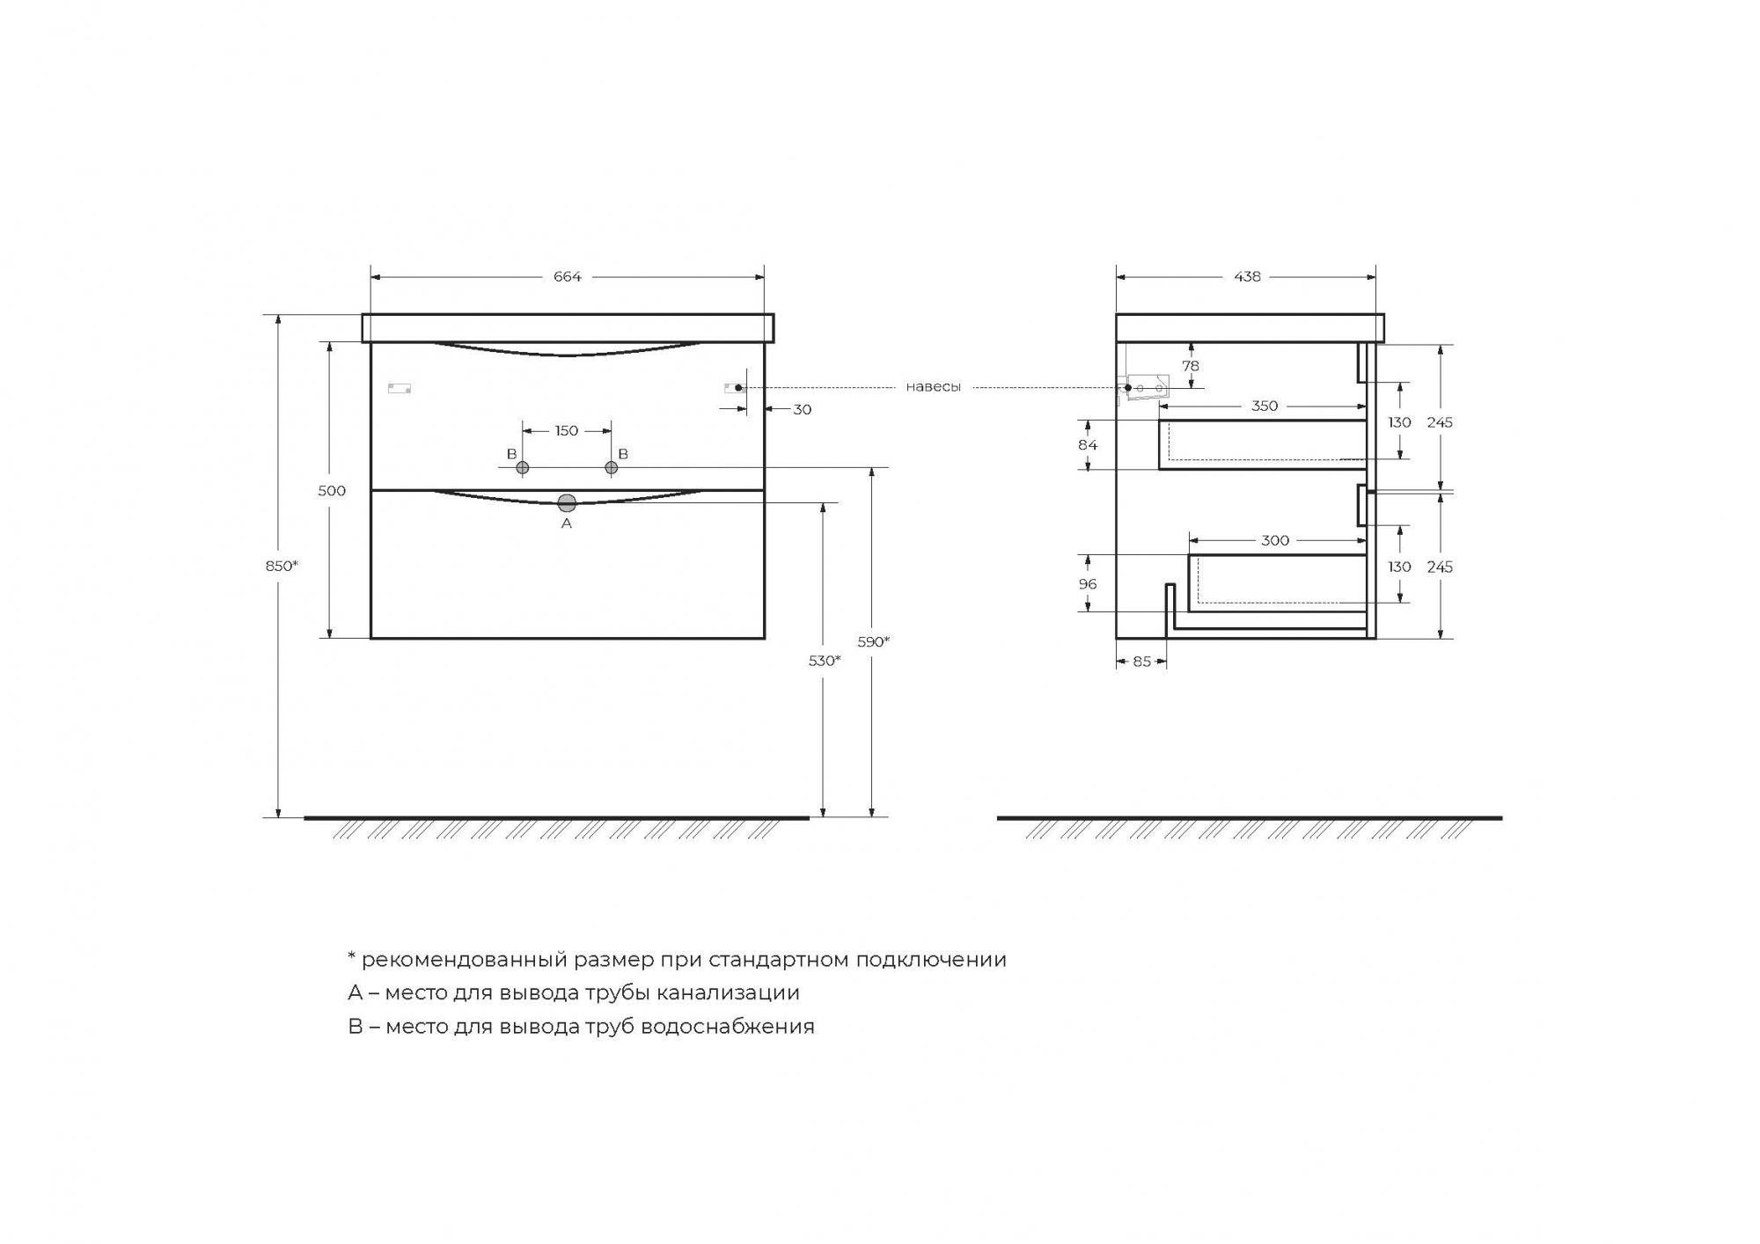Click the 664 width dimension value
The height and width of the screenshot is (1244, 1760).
tap(567, 277)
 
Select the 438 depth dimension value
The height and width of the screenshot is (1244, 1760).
tap(1247, 277)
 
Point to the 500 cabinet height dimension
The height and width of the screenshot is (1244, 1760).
tap(332, 491)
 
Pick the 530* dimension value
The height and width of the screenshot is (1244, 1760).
tap(825, 661)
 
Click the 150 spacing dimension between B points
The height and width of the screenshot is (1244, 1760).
tap(567, 431)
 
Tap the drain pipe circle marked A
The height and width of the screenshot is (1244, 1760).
tap(567, 503)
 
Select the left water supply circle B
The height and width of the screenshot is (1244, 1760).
tap(523, 468)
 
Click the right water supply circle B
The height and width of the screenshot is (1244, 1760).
tap(612, 468)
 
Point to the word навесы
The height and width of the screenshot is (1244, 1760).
tap(933, 387)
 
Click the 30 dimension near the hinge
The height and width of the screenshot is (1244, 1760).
tap(802, 410)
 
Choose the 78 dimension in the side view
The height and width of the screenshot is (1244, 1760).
tap(1191, 366)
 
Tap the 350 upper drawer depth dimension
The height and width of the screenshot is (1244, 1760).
tap(1265, 406)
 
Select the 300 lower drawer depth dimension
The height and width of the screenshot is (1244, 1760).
tap(1275, 541)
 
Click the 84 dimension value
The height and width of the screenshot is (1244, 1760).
tap(1088, 445)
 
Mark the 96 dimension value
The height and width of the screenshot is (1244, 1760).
tap(1088, 584)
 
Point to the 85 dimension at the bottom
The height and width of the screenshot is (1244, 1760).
tap(1141, 662)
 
